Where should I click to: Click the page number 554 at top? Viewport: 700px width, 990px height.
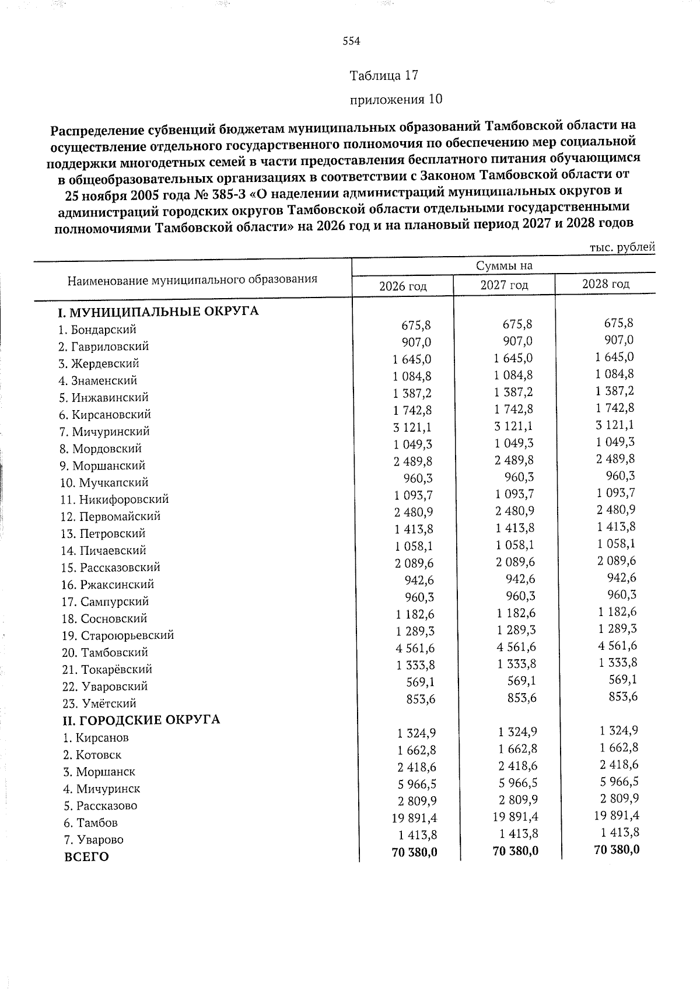point(351,41)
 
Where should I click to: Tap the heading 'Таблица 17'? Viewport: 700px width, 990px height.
point(384,75)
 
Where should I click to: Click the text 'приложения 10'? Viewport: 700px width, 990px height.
point(395,99)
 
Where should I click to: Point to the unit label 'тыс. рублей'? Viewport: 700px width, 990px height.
point(622,247)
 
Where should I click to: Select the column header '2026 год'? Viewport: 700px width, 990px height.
point(402,286)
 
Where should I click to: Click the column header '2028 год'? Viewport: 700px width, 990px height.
point(605,284)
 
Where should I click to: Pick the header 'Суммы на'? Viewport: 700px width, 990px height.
point(504,266)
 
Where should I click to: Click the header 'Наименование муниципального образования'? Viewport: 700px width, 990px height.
point(192,279)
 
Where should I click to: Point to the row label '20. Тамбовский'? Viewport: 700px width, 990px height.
point(105,652)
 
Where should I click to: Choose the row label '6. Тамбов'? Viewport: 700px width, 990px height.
point(91,823)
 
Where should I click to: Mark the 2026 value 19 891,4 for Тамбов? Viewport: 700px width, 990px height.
point(414,818)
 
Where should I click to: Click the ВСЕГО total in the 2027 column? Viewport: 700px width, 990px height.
point(516,851)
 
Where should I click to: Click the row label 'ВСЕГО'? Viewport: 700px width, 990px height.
point(86,857)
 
